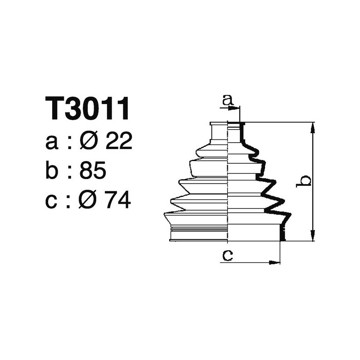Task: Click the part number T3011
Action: pos(88,109)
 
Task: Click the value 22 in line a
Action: pos(118,142)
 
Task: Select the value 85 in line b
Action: pos(93,171)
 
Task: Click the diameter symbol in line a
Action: pos(89,142)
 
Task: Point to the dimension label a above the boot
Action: pos(228,100)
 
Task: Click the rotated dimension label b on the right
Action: pos(305,181)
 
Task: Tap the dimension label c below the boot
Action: pos(228,255)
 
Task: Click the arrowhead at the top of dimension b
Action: pos(312,127)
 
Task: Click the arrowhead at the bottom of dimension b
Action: pos(312,236)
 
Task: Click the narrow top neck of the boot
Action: pos(220,131)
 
